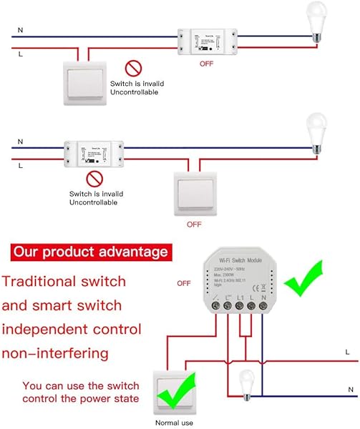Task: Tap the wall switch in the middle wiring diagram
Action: pyautogui.click(x=194, y=191)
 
